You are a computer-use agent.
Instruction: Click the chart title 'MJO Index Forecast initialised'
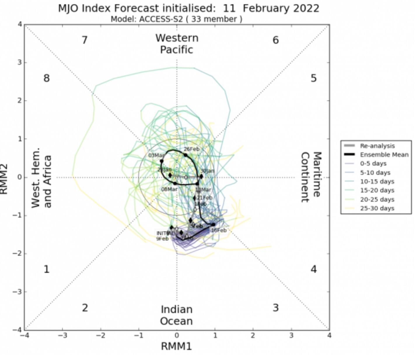(188, 8)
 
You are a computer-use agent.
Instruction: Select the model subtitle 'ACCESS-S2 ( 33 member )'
(176, 19)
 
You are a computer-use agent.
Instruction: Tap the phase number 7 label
(85, 40)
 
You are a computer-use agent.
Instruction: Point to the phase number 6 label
(276, 40)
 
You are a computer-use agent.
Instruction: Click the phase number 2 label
(85, 308)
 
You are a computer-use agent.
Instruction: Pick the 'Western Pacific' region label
(177, 44)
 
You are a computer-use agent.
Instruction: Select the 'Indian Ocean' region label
(177, 315)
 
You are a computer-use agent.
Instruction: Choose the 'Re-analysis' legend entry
(377, 146)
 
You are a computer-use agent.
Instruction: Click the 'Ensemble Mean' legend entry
(384, 155)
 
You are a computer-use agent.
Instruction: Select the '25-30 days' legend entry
(377, 208)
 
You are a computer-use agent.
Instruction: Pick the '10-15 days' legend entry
(377, 182)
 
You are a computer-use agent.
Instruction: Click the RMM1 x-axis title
(176, 347)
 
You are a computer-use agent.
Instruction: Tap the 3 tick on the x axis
(291, 336)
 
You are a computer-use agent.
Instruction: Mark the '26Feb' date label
(192, 149)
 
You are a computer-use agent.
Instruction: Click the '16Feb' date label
(219, 230)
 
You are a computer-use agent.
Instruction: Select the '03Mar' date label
(156, 155)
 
